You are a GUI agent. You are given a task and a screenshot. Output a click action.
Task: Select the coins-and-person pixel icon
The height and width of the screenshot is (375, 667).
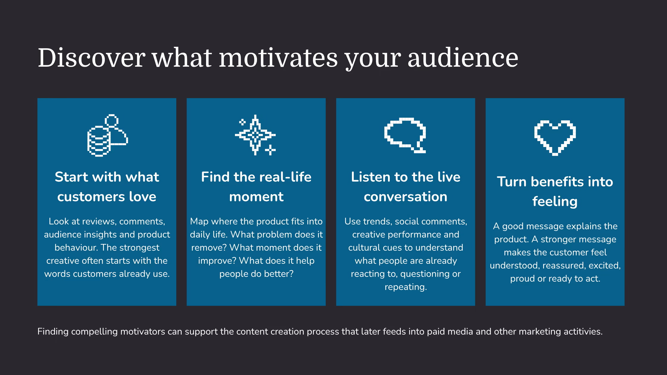[x=107, y=135]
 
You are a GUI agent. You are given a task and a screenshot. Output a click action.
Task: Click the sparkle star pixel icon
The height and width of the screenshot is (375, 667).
[x=255, y=135]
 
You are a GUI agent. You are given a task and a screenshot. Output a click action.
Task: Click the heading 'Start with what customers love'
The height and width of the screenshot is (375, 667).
[x=107, y=187]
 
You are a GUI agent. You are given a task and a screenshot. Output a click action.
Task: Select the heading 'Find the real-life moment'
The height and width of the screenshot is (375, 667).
[x=256, y=187]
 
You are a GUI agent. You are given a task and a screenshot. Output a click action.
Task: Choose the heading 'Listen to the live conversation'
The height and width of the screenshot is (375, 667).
[x=406, y=187]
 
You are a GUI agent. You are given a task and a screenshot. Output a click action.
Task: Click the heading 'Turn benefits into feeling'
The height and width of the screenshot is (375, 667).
[x=555, y=191]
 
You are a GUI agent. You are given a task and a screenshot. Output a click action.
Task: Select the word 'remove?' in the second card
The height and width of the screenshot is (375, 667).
[x=209, y=248]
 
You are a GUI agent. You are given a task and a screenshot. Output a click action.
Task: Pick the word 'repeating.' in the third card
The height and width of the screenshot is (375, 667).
[x=406, y=287]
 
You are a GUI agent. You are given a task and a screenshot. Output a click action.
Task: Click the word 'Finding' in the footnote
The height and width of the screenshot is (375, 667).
[x=53, y=332]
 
